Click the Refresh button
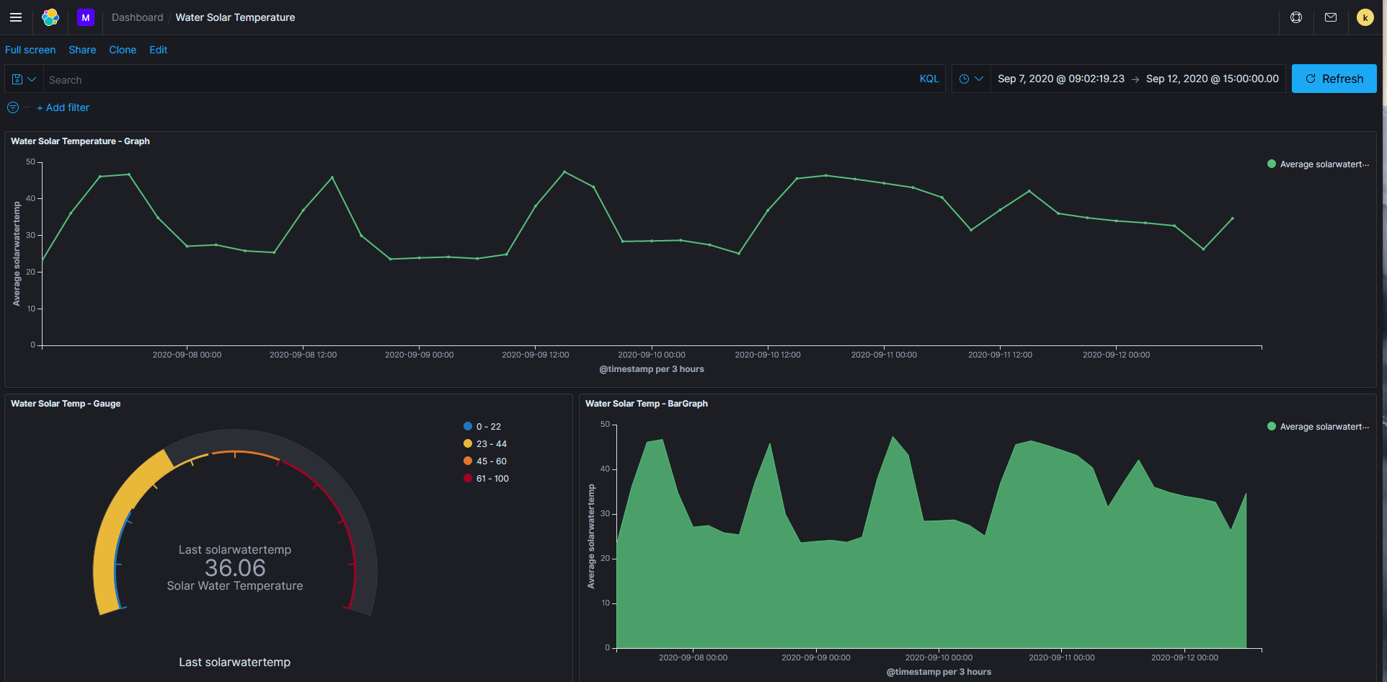(x=1334, y=79)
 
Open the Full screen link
(x=30, y=50)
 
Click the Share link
(x=82, y=50)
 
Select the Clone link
(x=123, y=50)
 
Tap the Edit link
(x=158, y=50)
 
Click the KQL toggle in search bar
(x=929, y=79)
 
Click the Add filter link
(x=63, y=107)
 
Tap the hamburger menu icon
(x=16, y=17)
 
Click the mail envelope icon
(x=1331, y=17)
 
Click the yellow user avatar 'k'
(x=1365, y=17)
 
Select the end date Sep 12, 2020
(x=1212, y=79)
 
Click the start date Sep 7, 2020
(x=1060, y=79)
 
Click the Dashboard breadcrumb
(x=137, y=17)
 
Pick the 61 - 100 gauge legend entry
(x=492, y=479)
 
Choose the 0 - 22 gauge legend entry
(x=488, y=427)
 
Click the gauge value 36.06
(x=235, y=568)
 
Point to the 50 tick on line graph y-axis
(x=31, y=162)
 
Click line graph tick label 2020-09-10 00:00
(x=652, y=355)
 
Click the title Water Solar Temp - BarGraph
(x=646, y=404)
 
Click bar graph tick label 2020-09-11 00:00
(x=1061, y=657)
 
